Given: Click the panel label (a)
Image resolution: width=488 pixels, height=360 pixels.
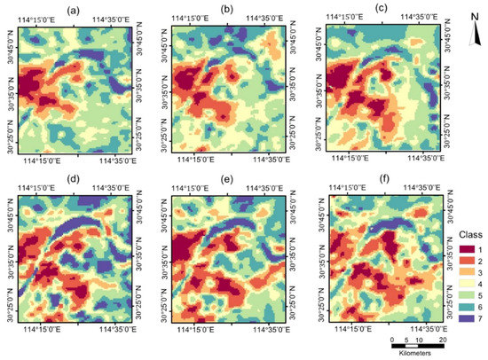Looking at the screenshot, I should point(77,10).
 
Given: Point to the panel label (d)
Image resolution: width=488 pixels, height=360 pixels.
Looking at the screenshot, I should point(77,177).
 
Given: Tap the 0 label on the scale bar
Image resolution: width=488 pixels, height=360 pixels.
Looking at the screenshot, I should point(391,340).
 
